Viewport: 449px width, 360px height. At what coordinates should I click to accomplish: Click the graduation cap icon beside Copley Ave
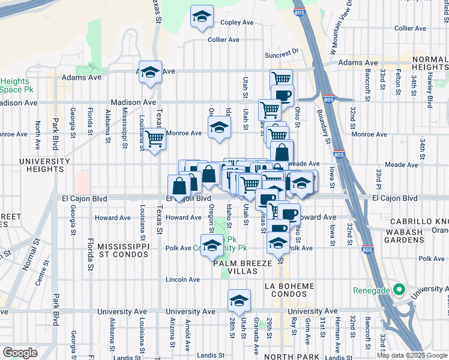tap(202, 17)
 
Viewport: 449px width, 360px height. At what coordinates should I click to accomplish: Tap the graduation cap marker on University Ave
tap(239, 301)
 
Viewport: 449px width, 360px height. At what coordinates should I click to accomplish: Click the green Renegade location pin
tap(397, 290)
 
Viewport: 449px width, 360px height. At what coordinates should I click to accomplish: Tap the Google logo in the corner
tap(20, 353)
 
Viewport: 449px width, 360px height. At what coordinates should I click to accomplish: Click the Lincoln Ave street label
tap(183, 280)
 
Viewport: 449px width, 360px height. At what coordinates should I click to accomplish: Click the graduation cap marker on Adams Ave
tap(150, 73)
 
